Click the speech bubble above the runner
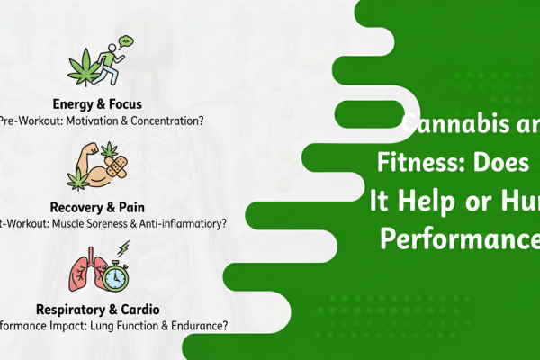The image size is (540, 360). pos(128,40)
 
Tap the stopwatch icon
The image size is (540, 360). pos(114,275)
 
